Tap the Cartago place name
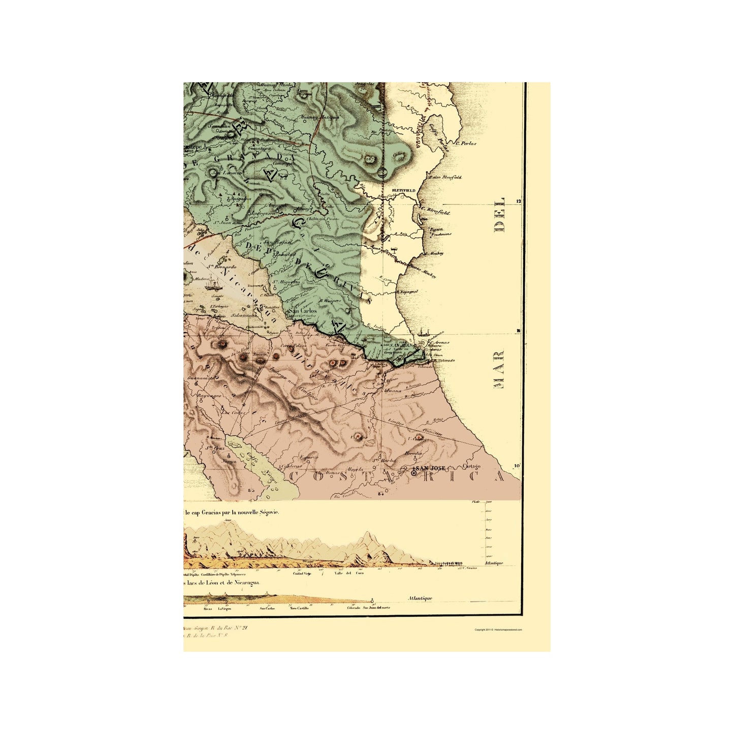472,466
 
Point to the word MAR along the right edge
499,369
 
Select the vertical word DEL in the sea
500,214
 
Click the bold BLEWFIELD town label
404,190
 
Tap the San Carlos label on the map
303,311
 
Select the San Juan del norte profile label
376,608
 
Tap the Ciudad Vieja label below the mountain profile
302,573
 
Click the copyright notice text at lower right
498,630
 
